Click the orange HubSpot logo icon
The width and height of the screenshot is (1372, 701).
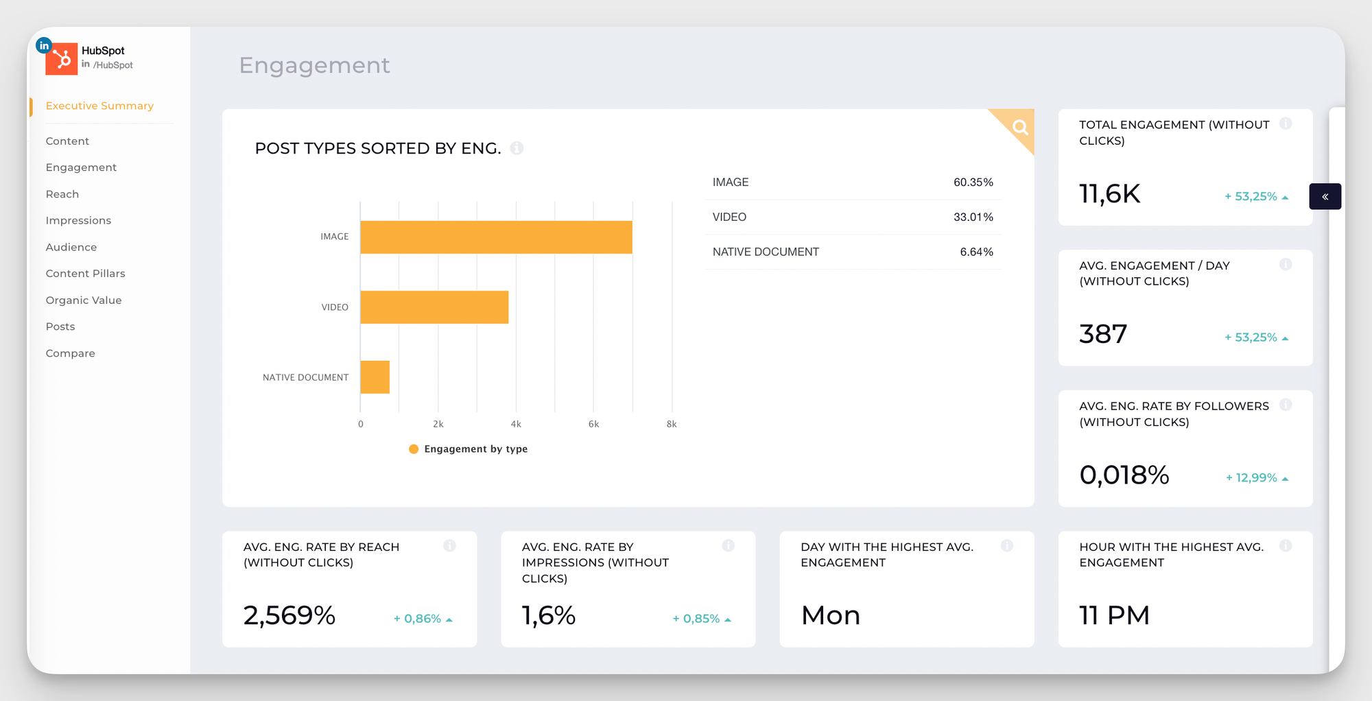[x=61, y=59]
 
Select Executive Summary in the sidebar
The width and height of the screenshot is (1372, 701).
[x=99, y=106]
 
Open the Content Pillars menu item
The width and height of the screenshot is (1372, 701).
[x=85, y=273]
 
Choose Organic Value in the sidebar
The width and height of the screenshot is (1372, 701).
[x=84, y=300]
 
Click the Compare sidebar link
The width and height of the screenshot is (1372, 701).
[x=70, y=353]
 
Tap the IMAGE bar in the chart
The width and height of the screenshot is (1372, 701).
[x=495, y=237]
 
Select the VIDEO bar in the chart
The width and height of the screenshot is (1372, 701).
[x=434, y=307]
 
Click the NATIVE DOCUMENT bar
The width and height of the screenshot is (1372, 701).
[x=375, y=377]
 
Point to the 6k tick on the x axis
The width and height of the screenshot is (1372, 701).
[x=593, y=424]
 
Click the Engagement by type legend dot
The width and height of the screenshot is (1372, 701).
[x=414, y=449]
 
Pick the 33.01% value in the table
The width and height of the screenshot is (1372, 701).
[x=973, y=217]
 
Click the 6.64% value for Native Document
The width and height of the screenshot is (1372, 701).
[x=976, y=252]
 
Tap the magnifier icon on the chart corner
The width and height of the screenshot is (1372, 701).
[x=1020, y=127]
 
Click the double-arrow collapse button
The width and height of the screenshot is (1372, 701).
[x=1325, y=197]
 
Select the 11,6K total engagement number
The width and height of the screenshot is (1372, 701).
[x=1109, y=194]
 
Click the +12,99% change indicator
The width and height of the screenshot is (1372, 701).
[x=1256, y=477]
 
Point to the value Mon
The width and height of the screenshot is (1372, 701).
[x=830, y=615]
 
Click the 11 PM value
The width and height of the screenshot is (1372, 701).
[x=1114, y=615]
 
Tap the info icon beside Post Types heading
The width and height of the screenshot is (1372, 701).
[x=517, y=148]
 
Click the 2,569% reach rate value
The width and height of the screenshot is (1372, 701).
[x=289, y=615]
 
